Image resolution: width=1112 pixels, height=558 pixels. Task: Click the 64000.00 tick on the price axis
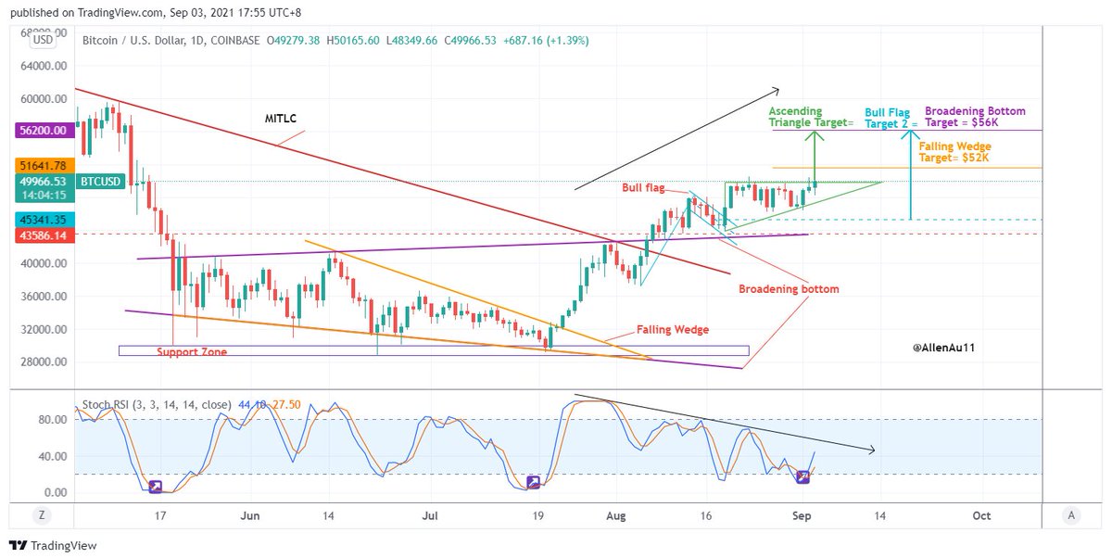(x=45, y=66)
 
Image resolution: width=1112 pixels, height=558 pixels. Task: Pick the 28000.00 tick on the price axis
(x=45, y=362)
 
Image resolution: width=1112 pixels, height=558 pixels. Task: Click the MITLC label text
(x=279, y=118)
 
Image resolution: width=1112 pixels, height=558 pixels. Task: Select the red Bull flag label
(x=643, y=188)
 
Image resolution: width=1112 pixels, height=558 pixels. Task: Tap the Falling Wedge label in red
(x=672, y=330)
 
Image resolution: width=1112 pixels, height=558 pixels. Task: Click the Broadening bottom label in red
(x=788, y=289)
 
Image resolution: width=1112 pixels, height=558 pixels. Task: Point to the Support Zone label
(x=191, y=352)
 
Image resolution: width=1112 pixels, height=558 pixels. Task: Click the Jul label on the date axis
(x=429, y=515)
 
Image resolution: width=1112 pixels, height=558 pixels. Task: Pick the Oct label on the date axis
(x=981, y=515)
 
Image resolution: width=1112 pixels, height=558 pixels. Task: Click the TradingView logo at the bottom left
(x=53, y=546)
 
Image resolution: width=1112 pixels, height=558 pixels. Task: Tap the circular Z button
(x=41, y=515)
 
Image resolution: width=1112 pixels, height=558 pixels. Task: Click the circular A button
(x=1070, y=515)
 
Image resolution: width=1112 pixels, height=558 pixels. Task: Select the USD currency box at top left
(x=42, y=40)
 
